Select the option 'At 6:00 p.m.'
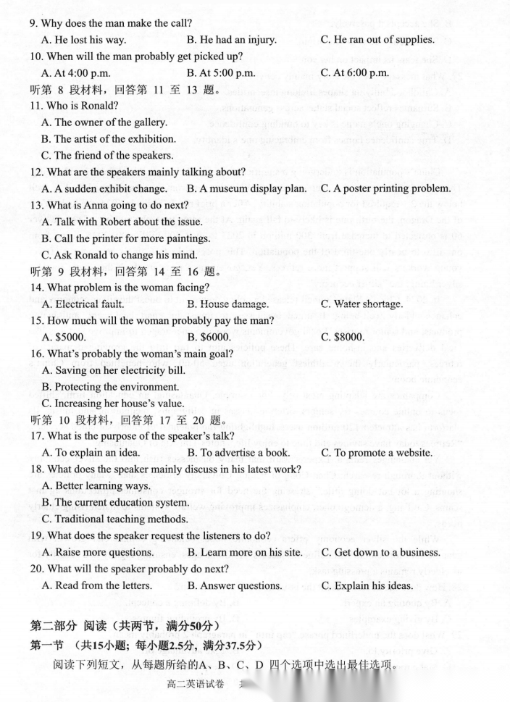pyautogui.click(x=360, y=72)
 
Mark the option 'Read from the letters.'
pyautogui.click(x=103, y=585)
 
